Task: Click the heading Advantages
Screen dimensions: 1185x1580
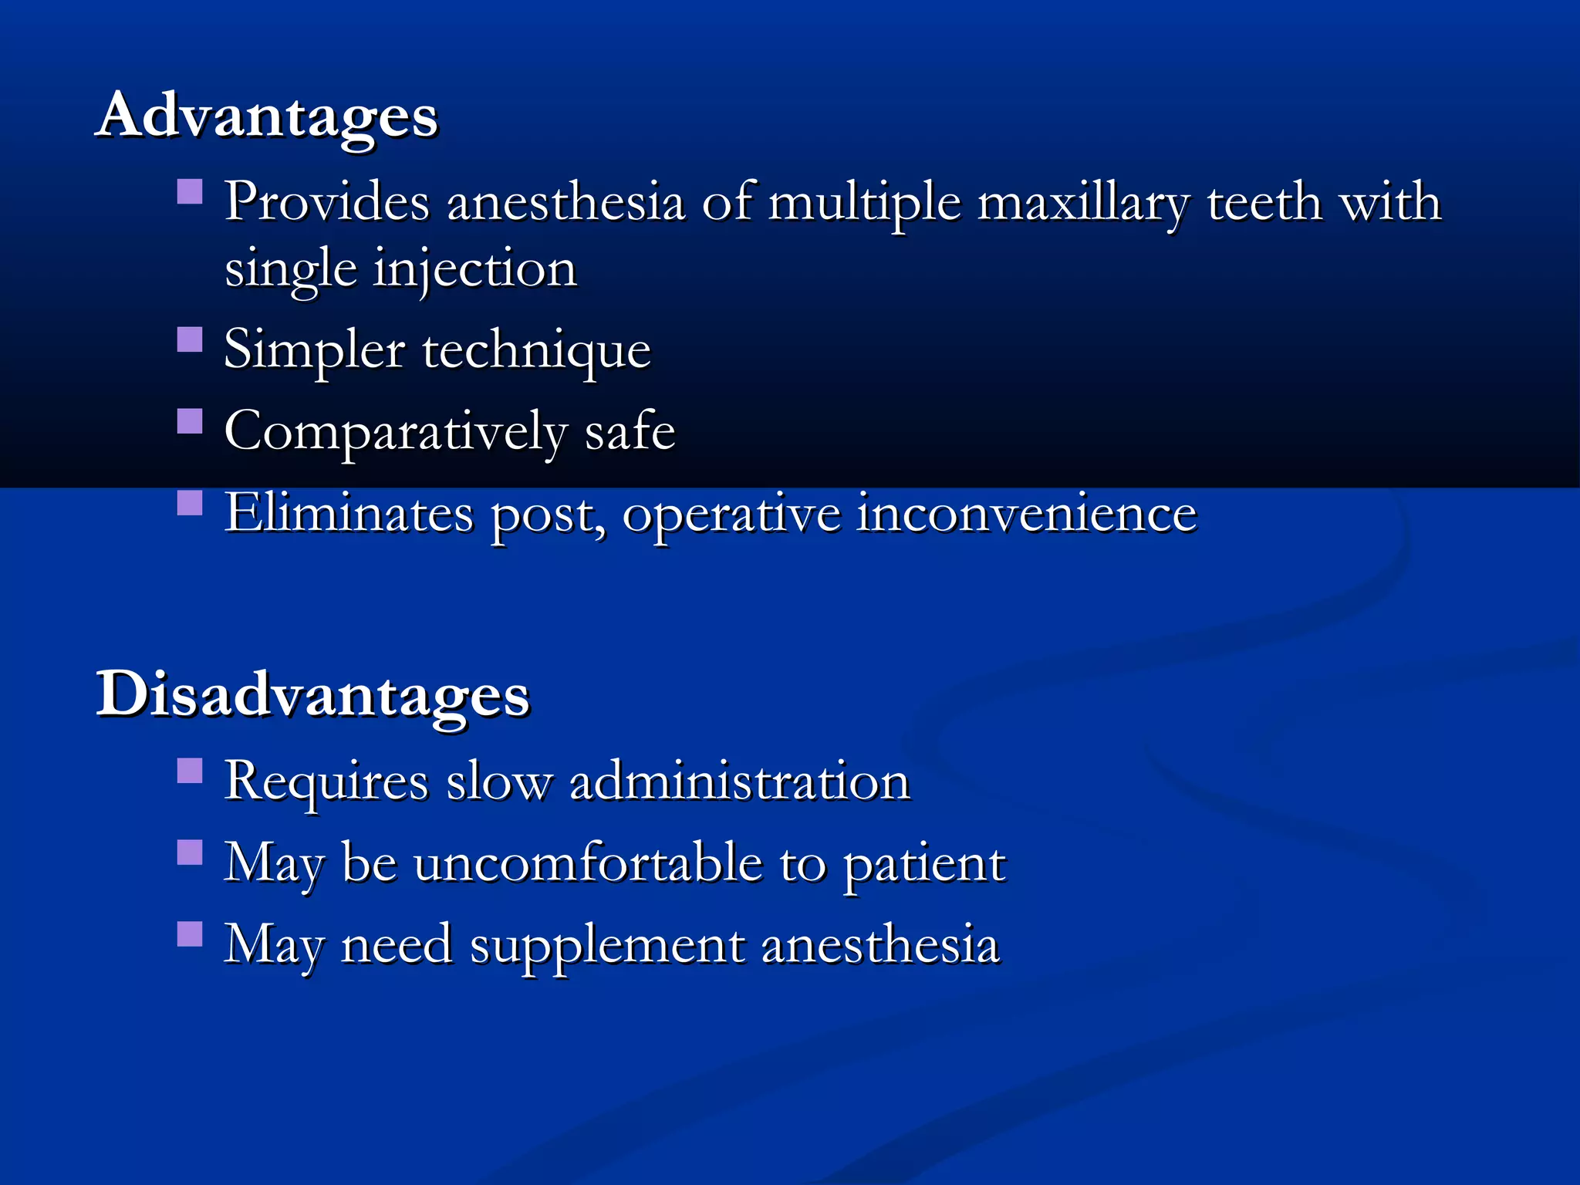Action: pos(267,116)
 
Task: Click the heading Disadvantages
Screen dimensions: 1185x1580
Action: pos(312,694)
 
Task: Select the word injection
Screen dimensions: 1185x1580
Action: pos(474,270)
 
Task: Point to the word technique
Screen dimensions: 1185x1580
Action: pos(536,351)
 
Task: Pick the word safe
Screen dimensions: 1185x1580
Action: pos(630,430)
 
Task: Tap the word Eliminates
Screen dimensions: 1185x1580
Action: pos(349,513)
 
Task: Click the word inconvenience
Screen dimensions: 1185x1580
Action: pos(1027,513)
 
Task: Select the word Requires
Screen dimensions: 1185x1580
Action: pos(326,782)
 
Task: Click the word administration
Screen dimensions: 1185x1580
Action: pos(740,782)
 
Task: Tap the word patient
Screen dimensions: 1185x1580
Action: pos(924,864)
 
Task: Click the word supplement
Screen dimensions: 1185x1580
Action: pos(607,946)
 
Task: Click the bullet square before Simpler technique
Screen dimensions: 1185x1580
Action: pos(190,339)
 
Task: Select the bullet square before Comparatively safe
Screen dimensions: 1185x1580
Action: pos(190,421)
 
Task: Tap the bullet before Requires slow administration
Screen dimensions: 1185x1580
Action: pos(190,771)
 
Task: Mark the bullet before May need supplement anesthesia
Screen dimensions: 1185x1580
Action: pos(190,933)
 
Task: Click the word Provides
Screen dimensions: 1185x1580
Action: pos(326,202)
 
